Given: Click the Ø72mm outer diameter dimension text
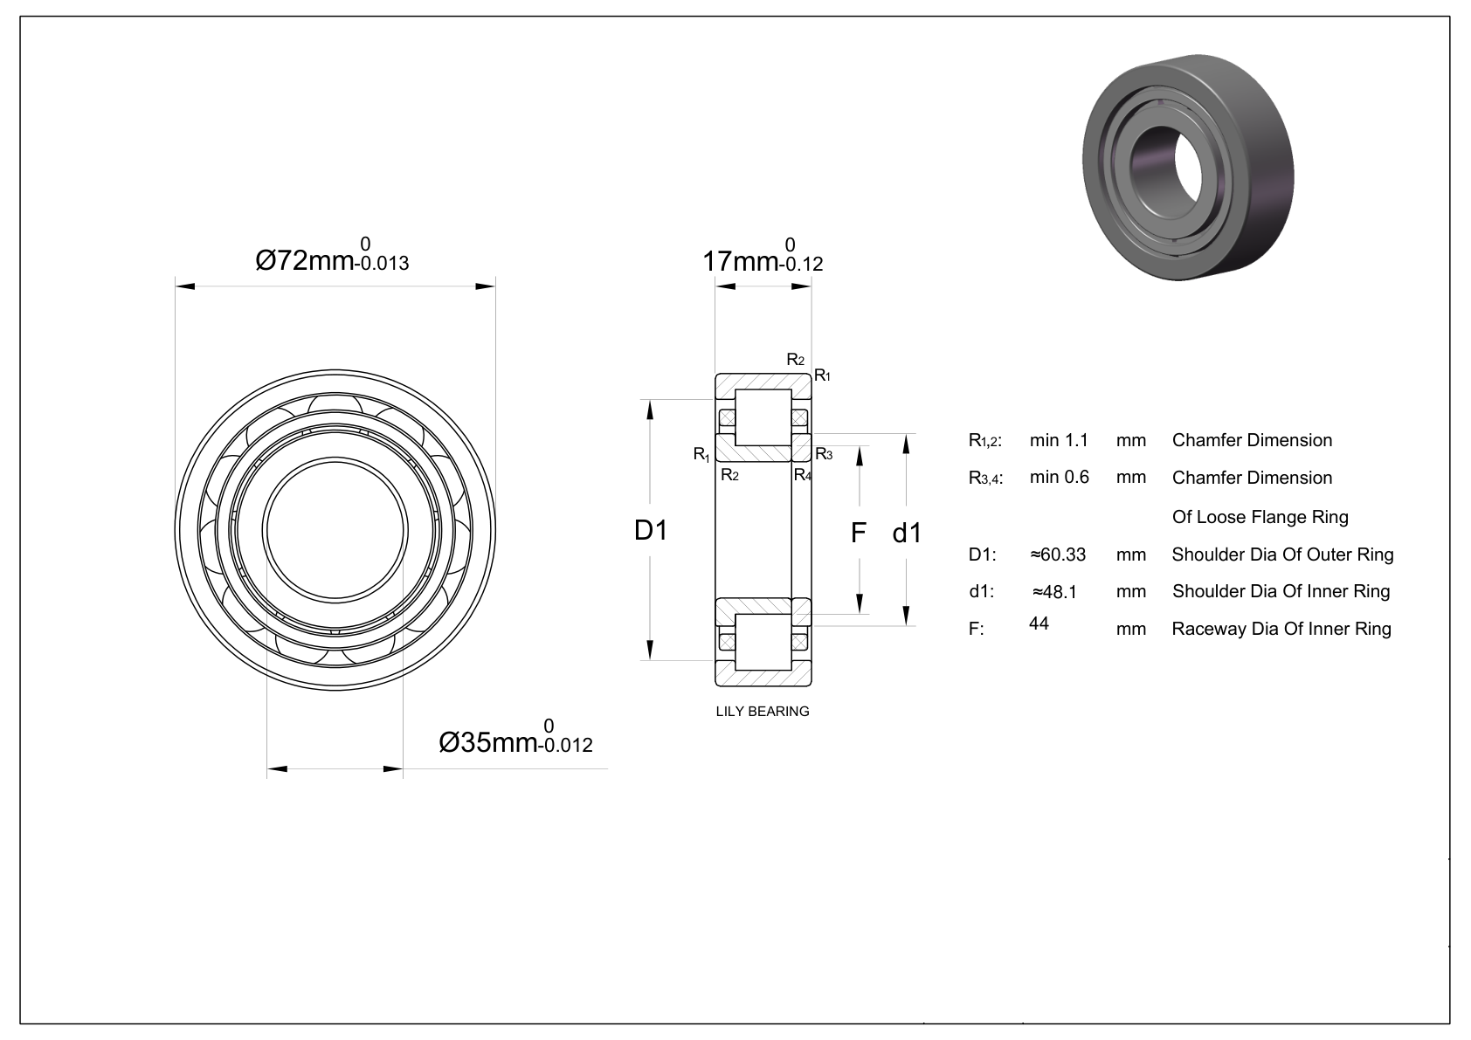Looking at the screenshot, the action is click(332, 255).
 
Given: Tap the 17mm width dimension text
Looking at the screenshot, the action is click(763, 255).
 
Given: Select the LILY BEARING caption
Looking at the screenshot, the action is click(763, 711).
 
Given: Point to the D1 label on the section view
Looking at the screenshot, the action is click(651, 530).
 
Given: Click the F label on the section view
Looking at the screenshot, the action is click(859, 533).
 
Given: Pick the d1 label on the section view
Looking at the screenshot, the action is click(907, 533).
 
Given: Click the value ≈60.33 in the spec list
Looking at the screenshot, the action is click(1058, 554).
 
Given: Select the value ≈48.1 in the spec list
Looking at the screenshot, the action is click(1054, 592).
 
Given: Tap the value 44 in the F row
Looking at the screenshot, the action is click(1039, 623).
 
